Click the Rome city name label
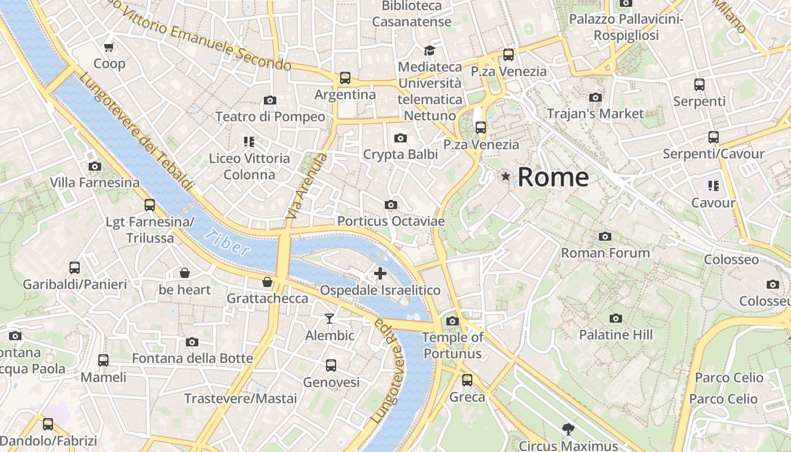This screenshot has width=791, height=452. coord(553,177)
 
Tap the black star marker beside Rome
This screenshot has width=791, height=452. coord(506,177)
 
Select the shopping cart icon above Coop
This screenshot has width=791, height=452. coord(109,47)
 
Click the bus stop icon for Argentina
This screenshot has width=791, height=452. coord(345,78)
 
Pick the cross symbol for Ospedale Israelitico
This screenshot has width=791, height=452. coord(380,274)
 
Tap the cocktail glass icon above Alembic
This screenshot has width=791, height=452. coord(329,319)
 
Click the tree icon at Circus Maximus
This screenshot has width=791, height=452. coord(568,429)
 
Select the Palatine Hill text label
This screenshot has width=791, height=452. coord(616,334)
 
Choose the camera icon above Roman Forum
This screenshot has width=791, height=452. coord(605,236)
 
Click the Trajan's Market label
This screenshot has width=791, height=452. coord(595,114)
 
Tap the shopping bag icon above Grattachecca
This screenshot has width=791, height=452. coord(267,281)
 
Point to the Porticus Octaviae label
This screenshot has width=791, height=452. coord(391,221)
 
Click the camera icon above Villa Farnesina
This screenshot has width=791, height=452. coord(95,166)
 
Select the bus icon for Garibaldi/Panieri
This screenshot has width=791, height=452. coord(75,267)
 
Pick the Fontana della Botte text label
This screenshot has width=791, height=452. coord(192,358)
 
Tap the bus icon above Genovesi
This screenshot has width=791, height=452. coord(331,366)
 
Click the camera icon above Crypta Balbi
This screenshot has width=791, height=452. coord(401,138)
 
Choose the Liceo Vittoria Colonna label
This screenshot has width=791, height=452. coord(249,166)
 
